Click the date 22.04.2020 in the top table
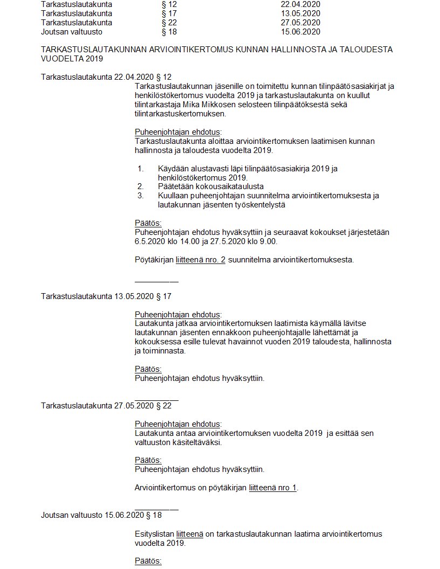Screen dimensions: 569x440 pyautogui.click(x=297, y=4)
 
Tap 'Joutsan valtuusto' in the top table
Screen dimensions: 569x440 pyautogui.click(x=72, y=32)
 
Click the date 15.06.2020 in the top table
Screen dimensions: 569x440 pyautogui.click(x=297, y=32)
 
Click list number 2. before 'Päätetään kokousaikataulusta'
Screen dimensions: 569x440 pyautogui.click(x=140, y=186)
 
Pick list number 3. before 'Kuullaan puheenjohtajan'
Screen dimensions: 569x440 pyautogui.click(x=140, y=196)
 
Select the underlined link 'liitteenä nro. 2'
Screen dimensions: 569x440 pyautogui.click(x=200, y=260)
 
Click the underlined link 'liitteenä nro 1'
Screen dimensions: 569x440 pyautogui.click(x=273, y=488)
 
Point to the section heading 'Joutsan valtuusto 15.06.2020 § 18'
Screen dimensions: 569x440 pyautogui.click(x=101, y=515)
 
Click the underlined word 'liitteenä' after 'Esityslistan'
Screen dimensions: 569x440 pyautogui.click(x=189, y=534)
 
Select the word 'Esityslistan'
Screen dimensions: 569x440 pyautogui.click(x=154, y=534)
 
